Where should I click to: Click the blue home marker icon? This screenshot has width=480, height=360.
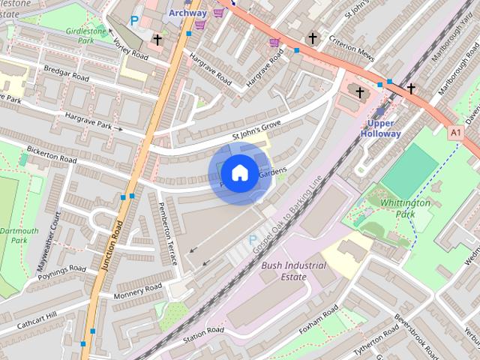click(238, 173)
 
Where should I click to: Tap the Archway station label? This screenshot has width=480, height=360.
click(187, 13)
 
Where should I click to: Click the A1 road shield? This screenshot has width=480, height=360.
click(455, 132)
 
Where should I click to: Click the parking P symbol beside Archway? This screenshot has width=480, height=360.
click(135, 22)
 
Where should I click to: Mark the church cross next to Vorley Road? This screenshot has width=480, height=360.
click(157, 39)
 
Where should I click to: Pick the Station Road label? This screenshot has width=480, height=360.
click(203, 331)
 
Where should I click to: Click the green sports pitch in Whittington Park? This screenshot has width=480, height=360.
click(409, 170)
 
